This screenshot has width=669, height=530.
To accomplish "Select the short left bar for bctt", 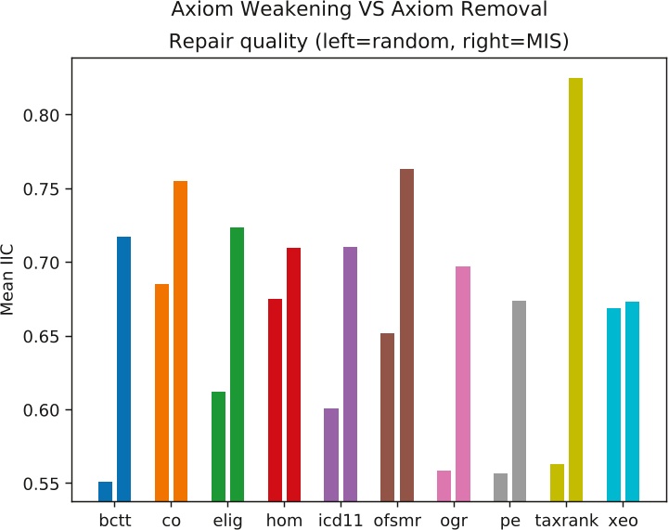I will [x=105, y=492].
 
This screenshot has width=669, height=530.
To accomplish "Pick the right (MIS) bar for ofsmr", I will [x=406, y=335].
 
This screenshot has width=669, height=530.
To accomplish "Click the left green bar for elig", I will [x=218, y=446].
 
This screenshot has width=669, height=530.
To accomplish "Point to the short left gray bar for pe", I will [x=501, y=487].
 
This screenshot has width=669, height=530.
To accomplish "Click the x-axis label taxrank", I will [x=567, y=521].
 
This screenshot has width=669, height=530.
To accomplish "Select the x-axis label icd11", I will [x=341, y=520].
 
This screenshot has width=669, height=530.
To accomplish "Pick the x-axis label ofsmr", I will [x=397, y=520].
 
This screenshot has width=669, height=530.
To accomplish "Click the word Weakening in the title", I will [x=272, y=11].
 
